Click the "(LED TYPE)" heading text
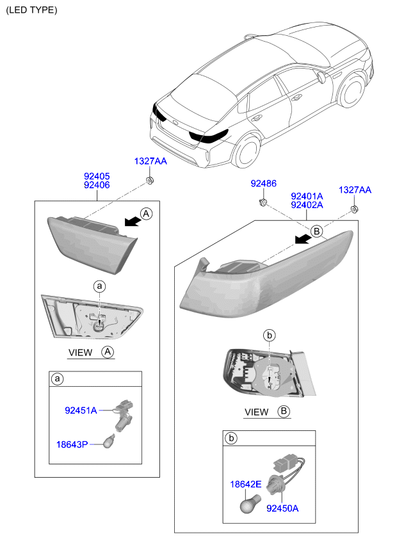(31, 10)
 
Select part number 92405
(97, 175)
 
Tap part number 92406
(97, 185)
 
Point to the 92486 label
(263, 184)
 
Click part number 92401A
(307, 196)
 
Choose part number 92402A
(307, 206)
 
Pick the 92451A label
(81, 410)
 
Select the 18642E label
(246, 484)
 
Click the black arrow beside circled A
(132, 221)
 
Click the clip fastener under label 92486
(263, 203)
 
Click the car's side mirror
(319, 79)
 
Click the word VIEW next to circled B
(256, 412)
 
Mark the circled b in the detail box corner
(231, 439)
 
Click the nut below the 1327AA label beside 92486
(354, 209)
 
